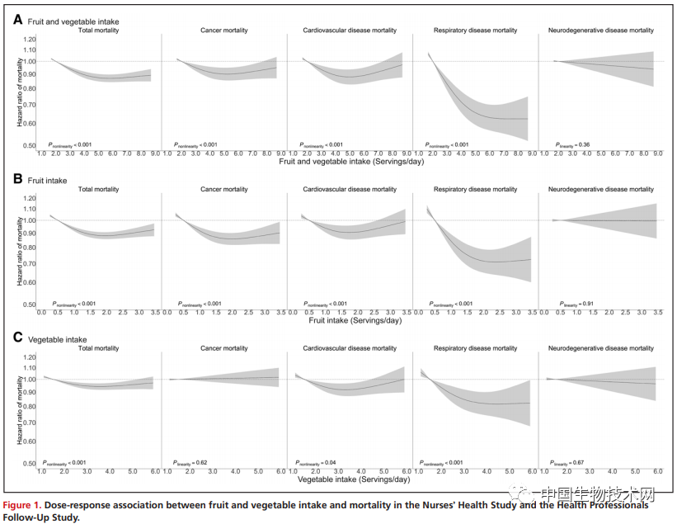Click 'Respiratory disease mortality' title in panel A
coord(475,31)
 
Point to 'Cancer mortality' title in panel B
coord(223,190)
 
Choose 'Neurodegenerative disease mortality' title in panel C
coord(600,348)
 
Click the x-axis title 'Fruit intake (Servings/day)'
coord(355,320)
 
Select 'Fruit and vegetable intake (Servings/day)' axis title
coord(355,162)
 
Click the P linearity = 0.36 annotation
coord(573,145)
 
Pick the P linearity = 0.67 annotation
coord(570,463)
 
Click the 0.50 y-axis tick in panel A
coord(30,145)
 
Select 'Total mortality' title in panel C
coord(98,348)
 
